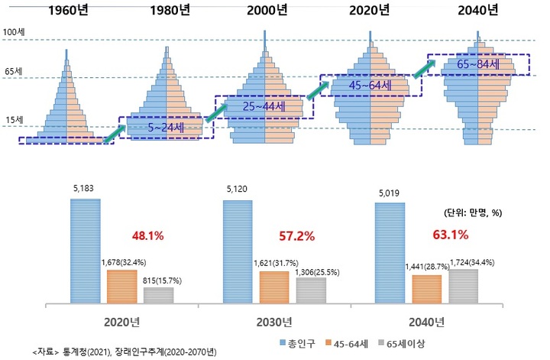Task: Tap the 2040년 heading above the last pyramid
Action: (477, 11)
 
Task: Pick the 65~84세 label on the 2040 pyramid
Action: (477, 65)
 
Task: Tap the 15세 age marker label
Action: (12, 119)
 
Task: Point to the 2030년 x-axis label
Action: (274, 320)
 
